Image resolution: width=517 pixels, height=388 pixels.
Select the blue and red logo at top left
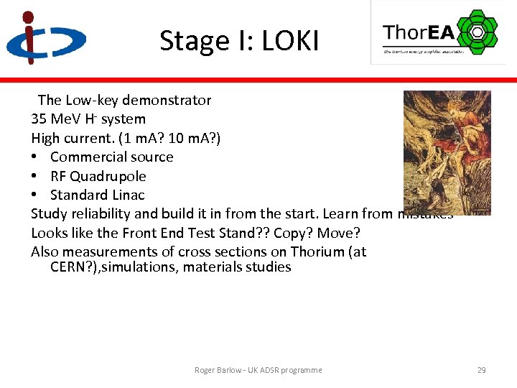click(45, 37)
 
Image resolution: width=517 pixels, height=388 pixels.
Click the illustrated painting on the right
click(447, 152)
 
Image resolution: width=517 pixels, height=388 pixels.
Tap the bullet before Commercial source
click(34, 157)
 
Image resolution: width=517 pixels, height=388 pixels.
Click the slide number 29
click(481, 370)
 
